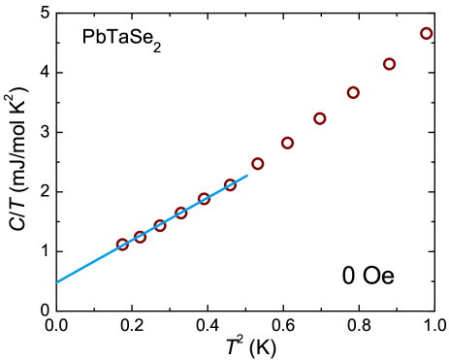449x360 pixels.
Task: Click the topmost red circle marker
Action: [x=426, y=34]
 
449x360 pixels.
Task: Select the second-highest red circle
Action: [x=389, y=64]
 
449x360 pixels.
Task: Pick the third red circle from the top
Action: [x=353, y=92]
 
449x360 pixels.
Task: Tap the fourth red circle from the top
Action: [x=320, y=118]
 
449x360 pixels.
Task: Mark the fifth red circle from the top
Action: [x=287, y=143]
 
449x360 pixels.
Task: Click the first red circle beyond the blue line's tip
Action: [x=257, y=164]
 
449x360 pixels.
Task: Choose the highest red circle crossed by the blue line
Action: [x=230, y=184]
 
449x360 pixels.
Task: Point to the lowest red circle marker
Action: [x=122, y=245]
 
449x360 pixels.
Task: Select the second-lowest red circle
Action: [x=140, y=236]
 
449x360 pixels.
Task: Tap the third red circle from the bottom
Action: [x=160, y=225]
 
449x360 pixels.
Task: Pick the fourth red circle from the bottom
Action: [x=181, y=213]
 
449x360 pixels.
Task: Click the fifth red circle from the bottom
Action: [x=205, y=199]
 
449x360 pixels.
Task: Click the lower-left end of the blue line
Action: [x=57, y=282]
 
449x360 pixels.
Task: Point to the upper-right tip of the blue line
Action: [x=247, y=175]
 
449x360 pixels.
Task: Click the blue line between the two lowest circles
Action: [x=131, y=241]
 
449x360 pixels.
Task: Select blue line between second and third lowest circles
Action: [x=150, y=230]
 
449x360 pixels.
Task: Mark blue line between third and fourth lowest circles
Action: [x=171, y=218]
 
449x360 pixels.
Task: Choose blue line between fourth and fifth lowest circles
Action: [x=193, y=206]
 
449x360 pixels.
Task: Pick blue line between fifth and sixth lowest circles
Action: [x=217, y=192]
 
